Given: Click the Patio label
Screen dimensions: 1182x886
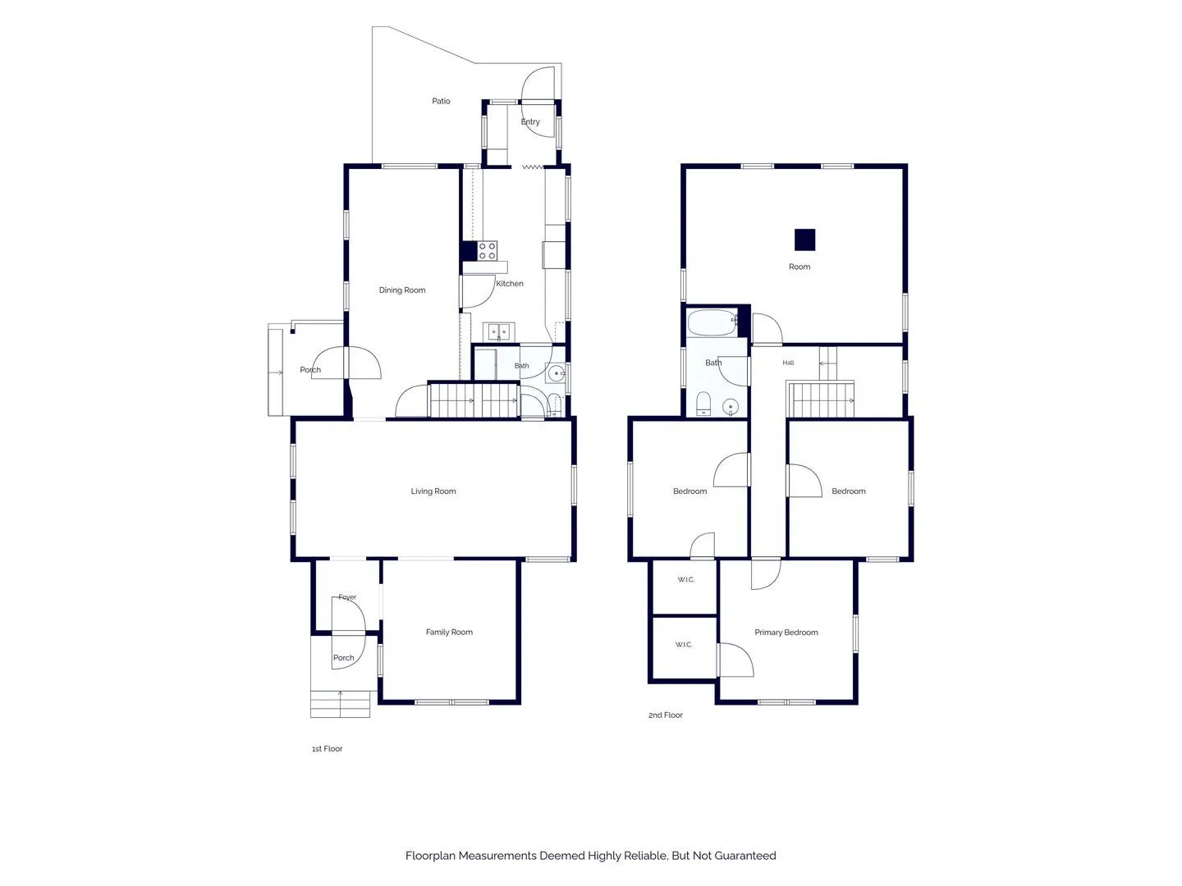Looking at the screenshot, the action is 441,101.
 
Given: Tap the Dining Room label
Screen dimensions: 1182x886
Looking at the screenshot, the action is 401,290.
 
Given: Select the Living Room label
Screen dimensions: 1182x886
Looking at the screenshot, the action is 433,491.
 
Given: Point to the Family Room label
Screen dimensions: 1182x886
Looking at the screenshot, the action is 448,632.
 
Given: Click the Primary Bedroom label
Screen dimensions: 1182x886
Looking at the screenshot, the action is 786,632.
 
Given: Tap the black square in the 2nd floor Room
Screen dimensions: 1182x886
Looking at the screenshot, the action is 804,240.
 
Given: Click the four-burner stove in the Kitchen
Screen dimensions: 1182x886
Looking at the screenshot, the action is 487,251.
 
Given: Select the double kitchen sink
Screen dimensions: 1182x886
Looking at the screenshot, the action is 498,332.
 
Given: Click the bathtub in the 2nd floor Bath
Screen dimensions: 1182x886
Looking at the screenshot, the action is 712,322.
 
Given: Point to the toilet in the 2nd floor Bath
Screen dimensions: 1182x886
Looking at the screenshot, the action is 703,404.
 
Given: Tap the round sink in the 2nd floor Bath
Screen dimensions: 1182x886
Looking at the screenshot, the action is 731,406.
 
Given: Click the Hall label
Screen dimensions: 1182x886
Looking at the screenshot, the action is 788,363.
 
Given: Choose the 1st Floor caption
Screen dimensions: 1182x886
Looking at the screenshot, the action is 327,748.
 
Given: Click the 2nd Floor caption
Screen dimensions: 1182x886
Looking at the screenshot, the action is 665,715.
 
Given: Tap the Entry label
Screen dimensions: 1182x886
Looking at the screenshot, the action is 530,121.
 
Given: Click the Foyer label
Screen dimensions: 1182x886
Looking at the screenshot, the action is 347,597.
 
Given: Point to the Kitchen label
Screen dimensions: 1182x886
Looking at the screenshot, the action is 509,284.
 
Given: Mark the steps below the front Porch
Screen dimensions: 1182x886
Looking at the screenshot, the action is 340,704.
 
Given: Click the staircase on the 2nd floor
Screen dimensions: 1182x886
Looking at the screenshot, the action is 820,400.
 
